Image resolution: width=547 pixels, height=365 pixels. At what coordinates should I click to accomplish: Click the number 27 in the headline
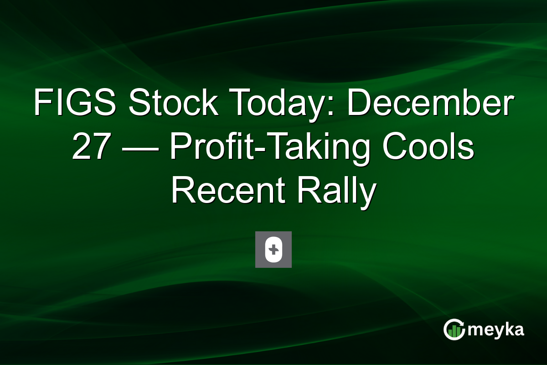(x=90, y=148)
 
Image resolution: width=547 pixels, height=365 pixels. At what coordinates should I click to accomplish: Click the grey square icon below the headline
(x=273, y=250)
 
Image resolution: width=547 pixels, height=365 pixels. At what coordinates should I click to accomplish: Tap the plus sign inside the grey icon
(x=273, y=250)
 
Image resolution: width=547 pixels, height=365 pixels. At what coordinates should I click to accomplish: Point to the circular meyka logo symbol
(x=454, y=329)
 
